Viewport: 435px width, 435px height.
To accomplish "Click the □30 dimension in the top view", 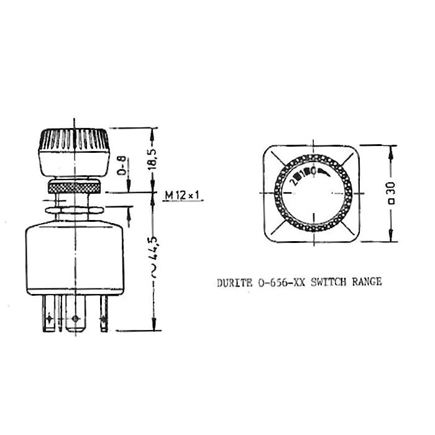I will (392, 193).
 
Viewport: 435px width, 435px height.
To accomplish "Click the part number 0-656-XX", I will (278, 282).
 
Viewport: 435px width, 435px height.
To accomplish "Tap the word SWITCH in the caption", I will (328, 282).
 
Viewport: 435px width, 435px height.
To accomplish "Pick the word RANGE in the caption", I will (367, 282).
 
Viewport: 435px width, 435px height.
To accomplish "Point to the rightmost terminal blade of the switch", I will (104, 318).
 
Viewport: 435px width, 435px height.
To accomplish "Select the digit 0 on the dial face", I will (315, 170).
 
